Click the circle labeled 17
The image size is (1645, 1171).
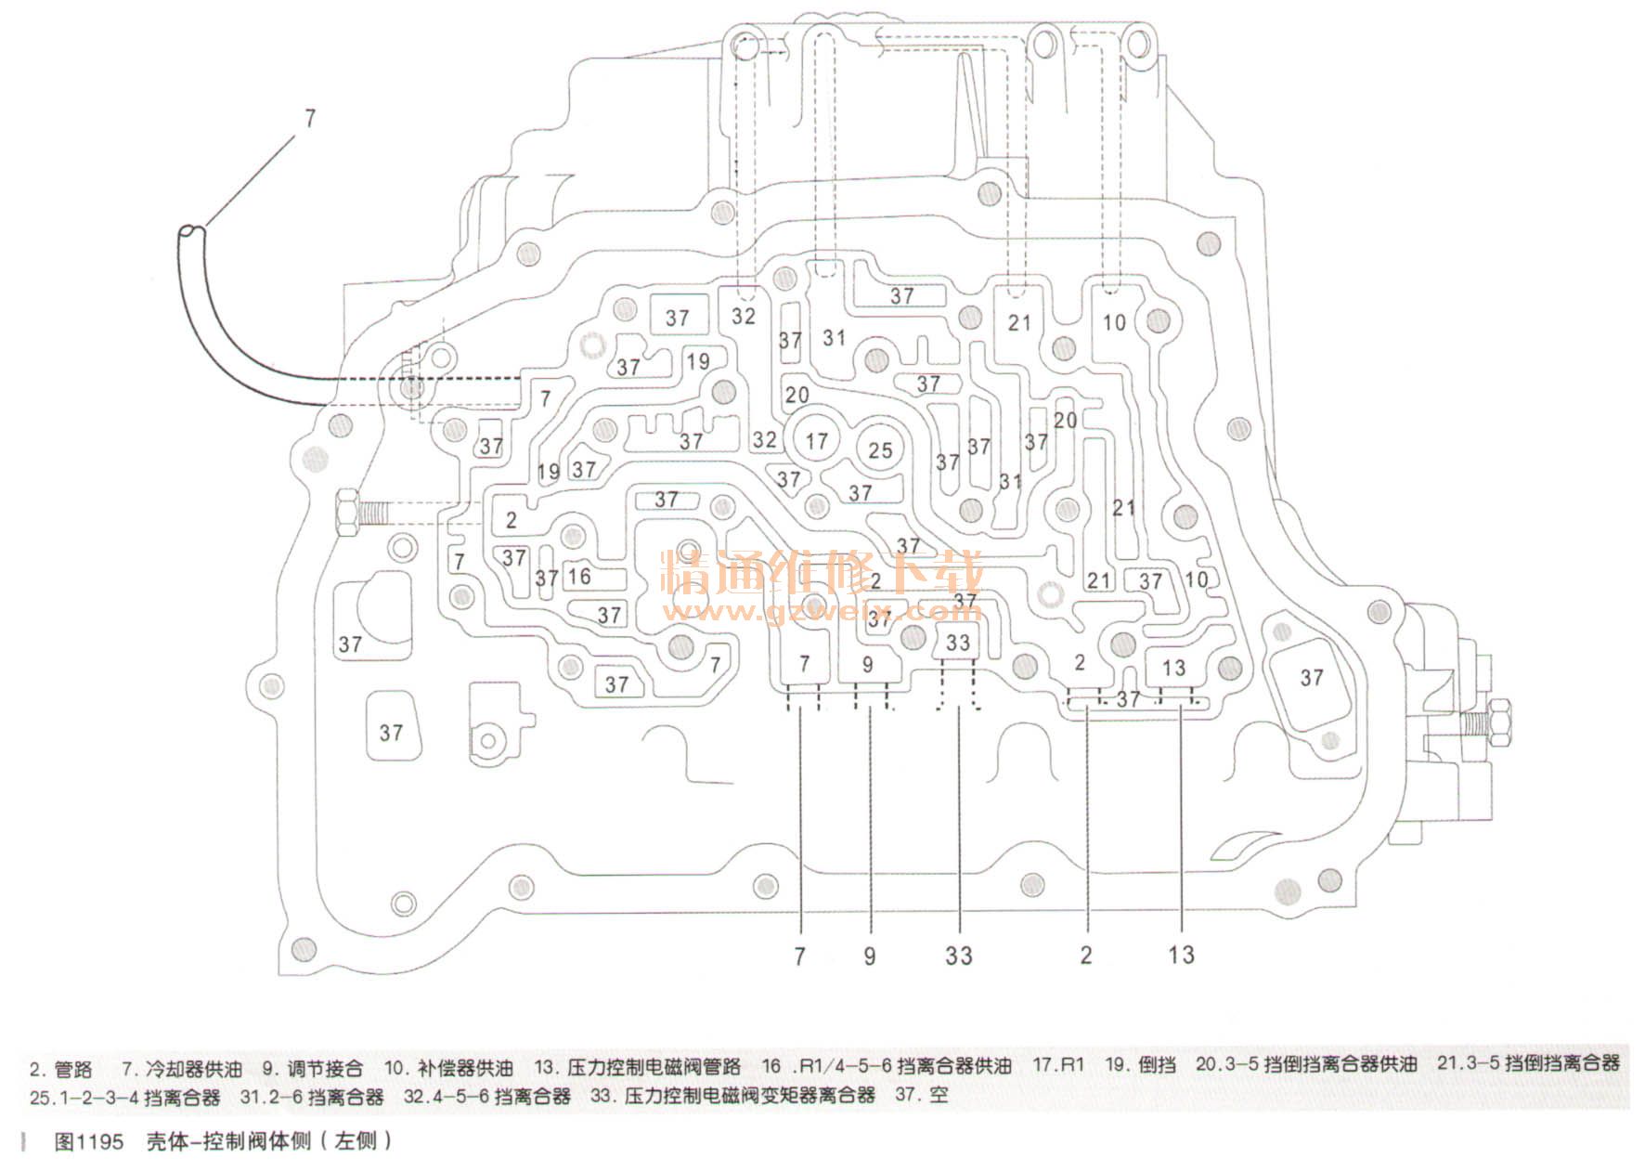click(x=816, y=441)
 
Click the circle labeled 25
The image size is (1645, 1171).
click(x=879, y=450)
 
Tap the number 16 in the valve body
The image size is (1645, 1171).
click(x=579, y=577)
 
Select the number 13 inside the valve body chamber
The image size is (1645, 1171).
click(x=1173, y=668)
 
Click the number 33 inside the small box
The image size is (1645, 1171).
click(x=957, y=643)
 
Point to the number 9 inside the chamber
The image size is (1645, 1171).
click(x=868, y=665)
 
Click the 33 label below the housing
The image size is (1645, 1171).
click(x=958, y=955)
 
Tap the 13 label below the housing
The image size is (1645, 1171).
click(x=1181, y=955)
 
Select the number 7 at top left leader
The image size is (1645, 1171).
click(x=310, y=119)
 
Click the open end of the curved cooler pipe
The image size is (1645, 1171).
click(x=193, y=231)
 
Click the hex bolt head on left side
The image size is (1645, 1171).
click(x=344, y=512)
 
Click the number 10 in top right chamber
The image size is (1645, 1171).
click(x=1113, y=322)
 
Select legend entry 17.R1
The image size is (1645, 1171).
click(x=1058, y=1065)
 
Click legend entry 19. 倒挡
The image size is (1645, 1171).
click(x=1140, y=1065)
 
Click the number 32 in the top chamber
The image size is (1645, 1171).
click(x=743, y=316)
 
